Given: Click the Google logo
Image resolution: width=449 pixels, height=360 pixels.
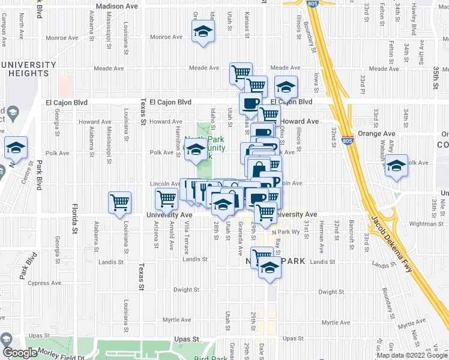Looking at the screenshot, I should point(20,353).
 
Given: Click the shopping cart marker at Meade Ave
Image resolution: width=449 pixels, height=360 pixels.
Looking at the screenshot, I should point(241,73).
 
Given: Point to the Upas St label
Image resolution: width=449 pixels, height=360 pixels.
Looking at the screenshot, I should point(186,340).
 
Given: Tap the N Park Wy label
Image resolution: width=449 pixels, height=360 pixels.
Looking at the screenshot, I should point(285,232).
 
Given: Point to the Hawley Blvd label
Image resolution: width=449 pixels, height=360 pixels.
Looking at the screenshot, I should point(414,17).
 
